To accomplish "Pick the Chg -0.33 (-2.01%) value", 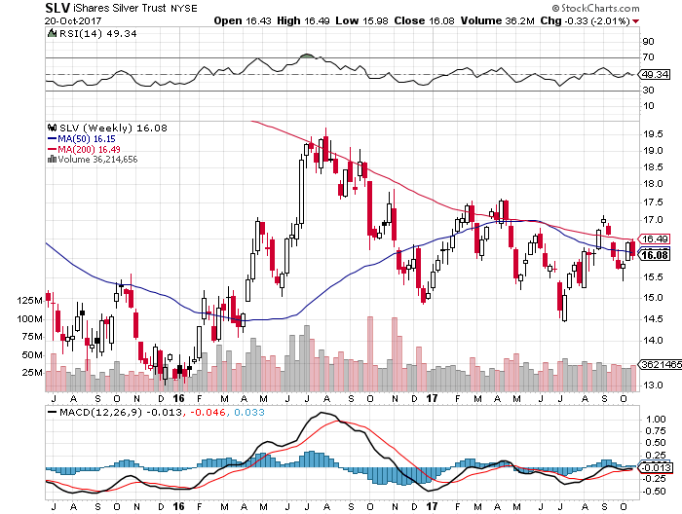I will click(615, 20).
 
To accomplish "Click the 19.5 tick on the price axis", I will click(654, 134).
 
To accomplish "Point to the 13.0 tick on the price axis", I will click(654, 385).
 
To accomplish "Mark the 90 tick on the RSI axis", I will click(647, 42).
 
